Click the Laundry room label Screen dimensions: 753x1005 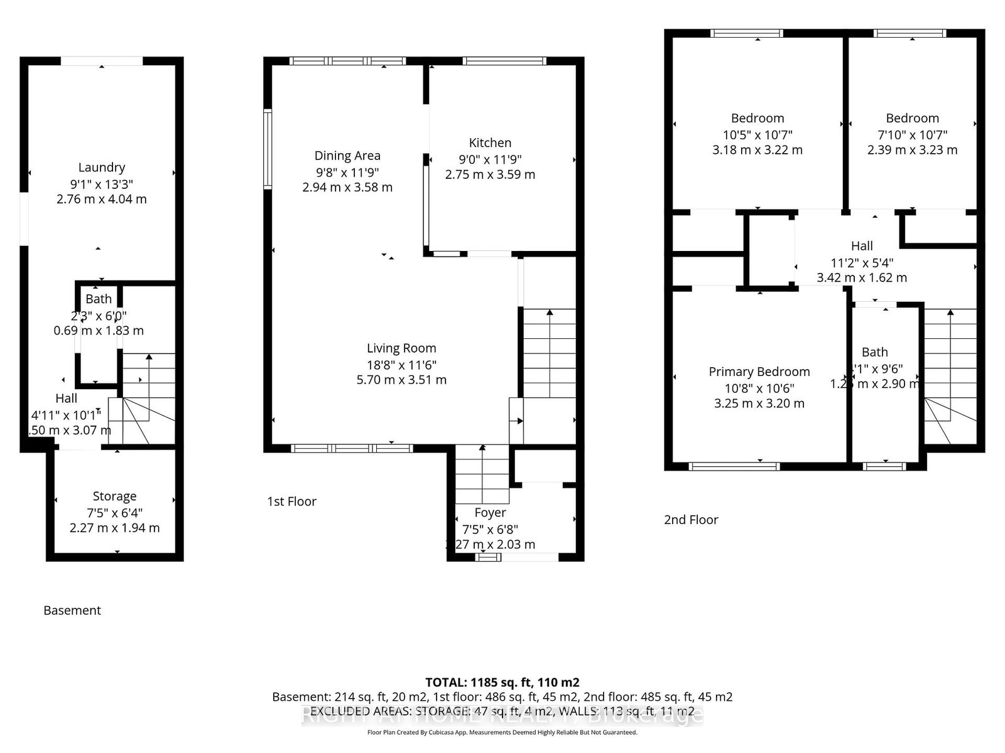pos(101,168)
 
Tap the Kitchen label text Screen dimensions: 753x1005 pos(490,143)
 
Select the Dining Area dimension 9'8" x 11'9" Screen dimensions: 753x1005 pos(347,172)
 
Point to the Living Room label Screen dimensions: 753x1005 pos(401,348)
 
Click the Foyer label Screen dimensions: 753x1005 pos(490,513)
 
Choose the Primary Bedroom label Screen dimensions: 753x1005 pos(759,372)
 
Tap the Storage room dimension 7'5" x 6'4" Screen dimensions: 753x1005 pos(114,512)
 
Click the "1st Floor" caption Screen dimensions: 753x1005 pos(291,501)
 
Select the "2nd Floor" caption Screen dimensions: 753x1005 pos(691,520)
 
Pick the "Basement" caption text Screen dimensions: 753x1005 pos(72,610)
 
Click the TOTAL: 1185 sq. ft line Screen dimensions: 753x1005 pos(502,682)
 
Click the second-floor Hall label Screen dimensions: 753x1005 pos(862,246)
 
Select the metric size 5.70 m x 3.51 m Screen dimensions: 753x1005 pos(401,380)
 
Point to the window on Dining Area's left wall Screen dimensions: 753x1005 pos(267,149)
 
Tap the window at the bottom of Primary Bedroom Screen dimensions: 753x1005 pos(734,466)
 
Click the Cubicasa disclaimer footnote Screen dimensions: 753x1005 pos(502,732)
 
